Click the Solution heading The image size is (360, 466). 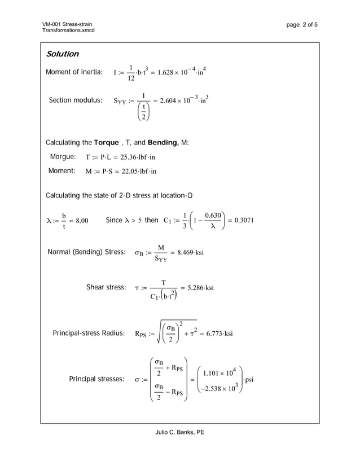(x=62, y=54)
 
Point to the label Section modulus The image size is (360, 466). (x=76, y=100)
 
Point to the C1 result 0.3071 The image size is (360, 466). (x=244, y=220)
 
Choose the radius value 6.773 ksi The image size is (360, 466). (x=216, y=333)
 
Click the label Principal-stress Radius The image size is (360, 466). (x=88, y=333)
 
